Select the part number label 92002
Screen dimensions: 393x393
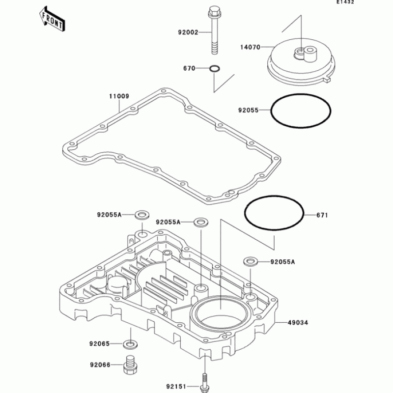[188, 33]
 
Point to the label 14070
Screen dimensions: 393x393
[250, 48]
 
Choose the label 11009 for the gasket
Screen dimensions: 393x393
[119, 96]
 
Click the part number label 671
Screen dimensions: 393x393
[322, 215]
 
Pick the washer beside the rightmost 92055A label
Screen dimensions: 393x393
[250, 261]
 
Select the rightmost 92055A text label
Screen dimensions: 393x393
[282, 262]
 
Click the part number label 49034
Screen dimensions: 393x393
[299, 323]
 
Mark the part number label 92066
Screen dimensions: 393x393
[100, 365]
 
